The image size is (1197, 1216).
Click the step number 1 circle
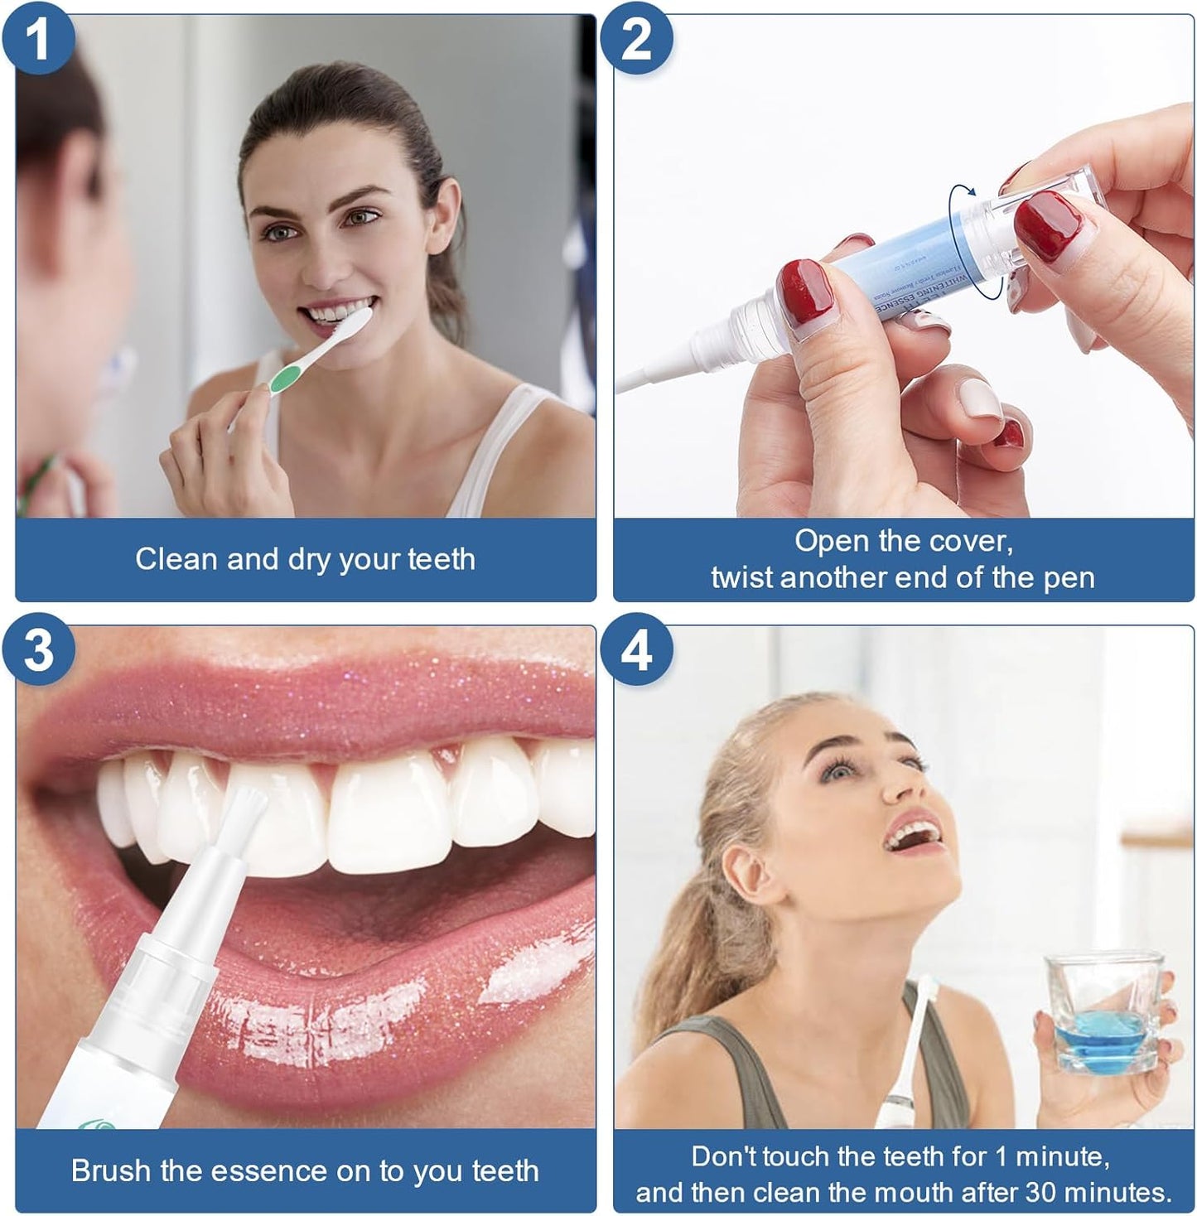tap(38, 38)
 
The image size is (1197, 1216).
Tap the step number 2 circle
tap(635, 38)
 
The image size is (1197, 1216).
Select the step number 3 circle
tap(38, 651)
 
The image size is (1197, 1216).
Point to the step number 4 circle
tap(635, 651)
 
